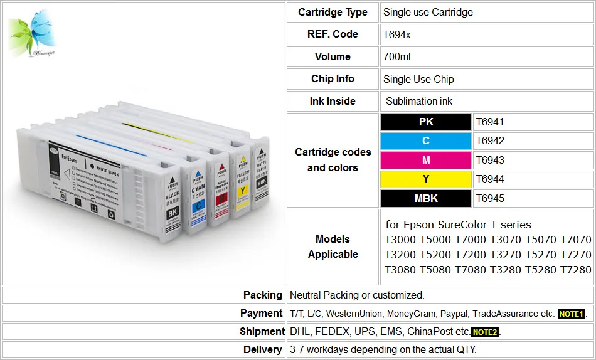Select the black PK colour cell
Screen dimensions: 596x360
(426, 122)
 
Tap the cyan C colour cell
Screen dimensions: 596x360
(426, 141)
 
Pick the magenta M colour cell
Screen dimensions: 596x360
(426, 161)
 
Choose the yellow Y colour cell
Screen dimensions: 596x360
(426, 179)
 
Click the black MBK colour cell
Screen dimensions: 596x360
(426, 199)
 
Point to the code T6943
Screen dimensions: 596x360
(490, 161)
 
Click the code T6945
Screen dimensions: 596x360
(490, 199)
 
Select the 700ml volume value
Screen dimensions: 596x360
(397, 57)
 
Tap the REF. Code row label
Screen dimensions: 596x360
(333, 34)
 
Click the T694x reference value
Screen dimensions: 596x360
(397, 34)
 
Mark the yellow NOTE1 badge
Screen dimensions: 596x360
(571, 314)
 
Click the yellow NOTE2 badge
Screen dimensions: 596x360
(485, 332)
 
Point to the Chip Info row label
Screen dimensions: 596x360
(333, 79)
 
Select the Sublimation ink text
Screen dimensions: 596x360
(419, 102)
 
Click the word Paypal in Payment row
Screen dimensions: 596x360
(453, 314)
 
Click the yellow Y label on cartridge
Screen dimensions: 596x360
(242, 191)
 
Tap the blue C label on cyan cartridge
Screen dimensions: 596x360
(199, 205)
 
